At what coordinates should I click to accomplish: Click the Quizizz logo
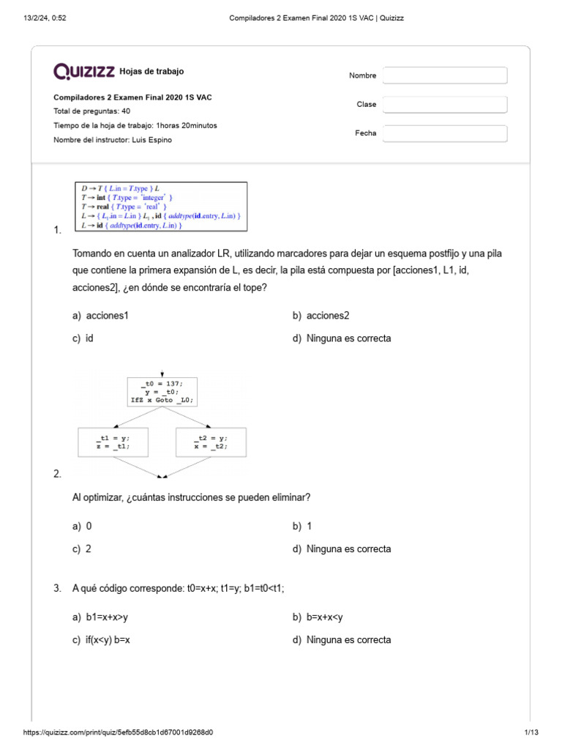[x=84, y=71]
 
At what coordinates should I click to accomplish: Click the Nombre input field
[x=445, y=75]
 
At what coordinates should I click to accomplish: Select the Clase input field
[x=445, y=105]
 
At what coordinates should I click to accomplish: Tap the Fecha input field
[x=445, y=133]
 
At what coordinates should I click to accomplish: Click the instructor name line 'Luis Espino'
[x=113, y=140]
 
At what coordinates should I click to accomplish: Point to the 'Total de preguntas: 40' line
[x=91, y=111]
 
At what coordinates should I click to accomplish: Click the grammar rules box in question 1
[x=161, y=207]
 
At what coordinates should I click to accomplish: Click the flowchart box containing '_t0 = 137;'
[x=162, y=392]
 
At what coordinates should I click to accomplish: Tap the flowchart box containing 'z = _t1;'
[x=113, y=442]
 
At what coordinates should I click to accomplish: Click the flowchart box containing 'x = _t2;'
[x=211, y=442]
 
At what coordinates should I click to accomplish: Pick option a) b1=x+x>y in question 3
[x=105, y=617]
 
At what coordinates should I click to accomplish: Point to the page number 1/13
[x=531, y=732]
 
